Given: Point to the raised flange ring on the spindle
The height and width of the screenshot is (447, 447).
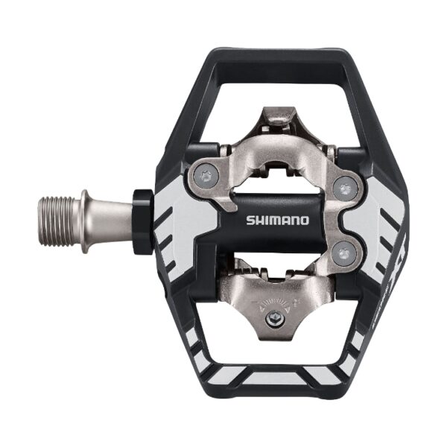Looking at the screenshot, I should coord(86,221).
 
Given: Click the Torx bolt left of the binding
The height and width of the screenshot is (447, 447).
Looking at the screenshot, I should coord(206,177).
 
